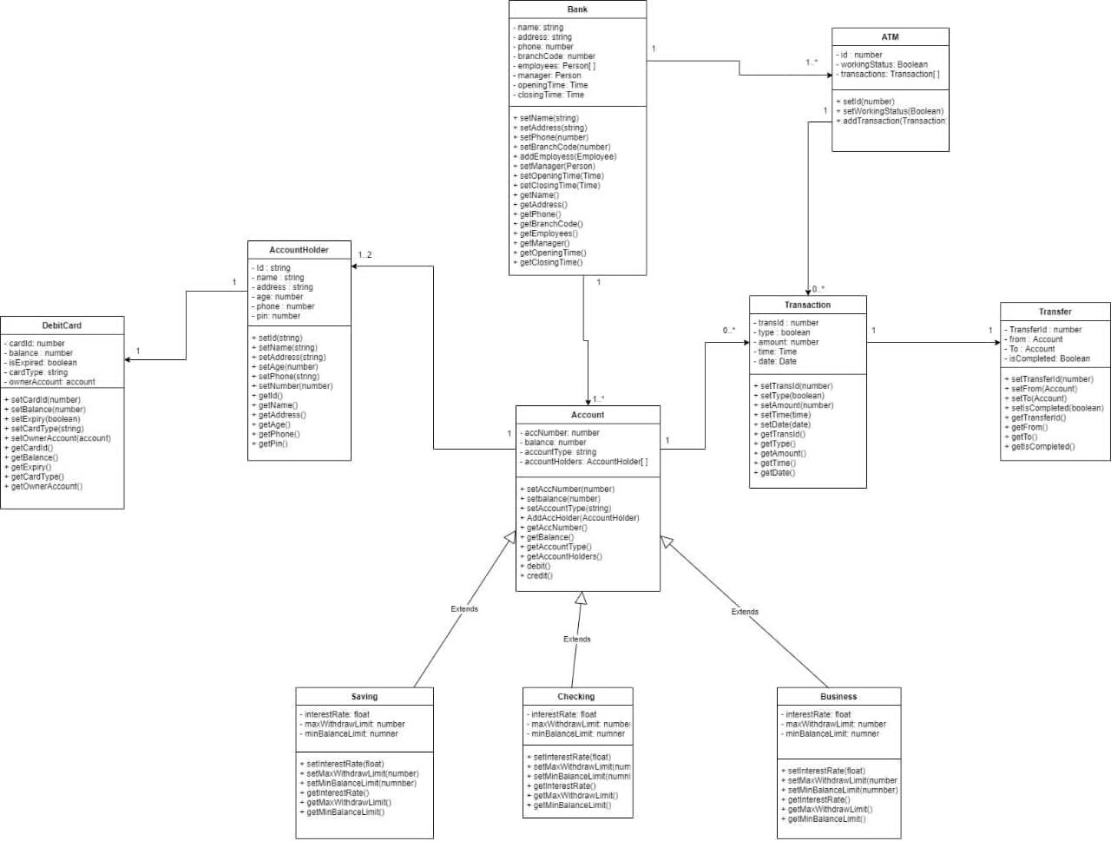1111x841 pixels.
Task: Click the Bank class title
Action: (577, 10)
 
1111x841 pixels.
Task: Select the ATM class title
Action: (890, 37)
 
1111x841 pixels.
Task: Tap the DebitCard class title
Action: (62, 325)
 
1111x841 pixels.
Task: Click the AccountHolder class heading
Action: (299, 250)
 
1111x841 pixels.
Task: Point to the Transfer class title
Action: (1055, 312)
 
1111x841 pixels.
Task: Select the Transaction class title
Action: (807, 306)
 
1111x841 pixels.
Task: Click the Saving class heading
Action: (364, 697)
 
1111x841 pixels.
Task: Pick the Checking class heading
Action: (576, 697)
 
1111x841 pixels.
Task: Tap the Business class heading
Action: (838, 697)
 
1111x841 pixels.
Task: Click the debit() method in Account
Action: (537, 566)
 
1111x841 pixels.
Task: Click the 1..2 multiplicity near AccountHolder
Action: (365, 255)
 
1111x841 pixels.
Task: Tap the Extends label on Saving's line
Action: (464, 609)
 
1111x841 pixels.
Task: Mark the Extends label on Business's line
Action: (745, 612)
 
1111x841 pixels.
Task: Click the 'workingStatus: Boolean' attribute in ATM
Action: (883, 64)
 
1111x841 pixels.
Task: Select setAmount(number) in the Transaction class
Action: (796, 405)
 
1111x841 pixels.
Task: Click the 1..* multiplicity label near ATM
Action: (812, 62)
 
